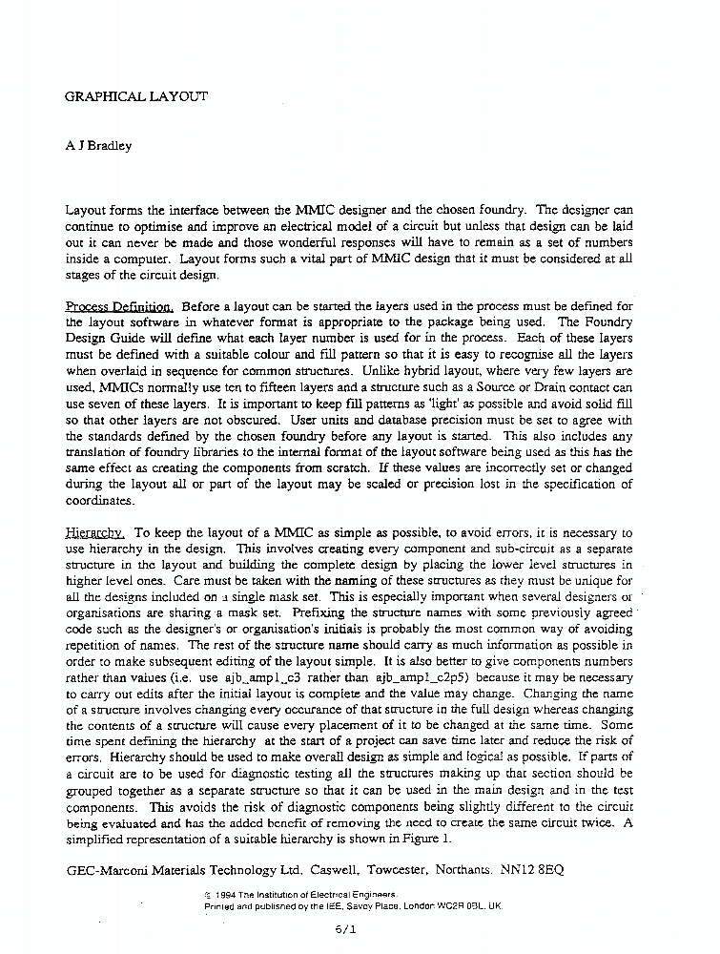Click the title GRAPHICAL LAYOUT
tap(135, 96)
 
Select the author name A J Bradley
tap(98, 146)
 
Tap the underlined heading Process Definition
tap(119, 306)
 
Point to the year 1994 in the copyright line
tap(226, 894)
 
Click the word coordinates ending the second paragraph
tap(99, 501)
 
